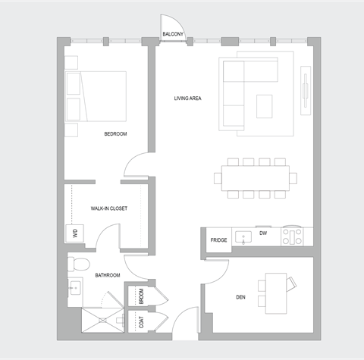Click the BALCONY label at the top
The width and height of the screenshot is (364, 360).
pos(173,34)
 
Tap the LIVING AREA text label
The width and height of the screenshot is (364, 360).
pos(188,99)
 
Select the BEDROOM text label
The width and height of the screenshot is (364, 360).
pos(115,134)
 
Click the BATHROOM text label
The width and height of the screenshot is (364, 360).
pos(107,275)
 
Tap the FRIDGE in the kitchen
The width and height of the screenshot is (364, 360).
pos(219,239)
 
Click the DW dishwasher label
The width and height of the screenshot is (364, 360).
pos(262,234)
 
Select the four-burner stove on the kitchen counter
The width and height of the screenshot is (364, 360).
pos(292,236)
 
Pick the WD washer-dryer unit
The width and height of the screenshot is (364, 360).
pos(75,233)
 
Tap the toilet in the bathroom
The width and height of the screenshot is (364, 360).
pos(76,264)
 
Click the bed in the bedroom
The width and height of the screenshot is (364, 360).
pos(96,96)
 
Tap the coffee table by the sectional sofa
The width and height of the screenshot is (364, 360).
pos(264,105)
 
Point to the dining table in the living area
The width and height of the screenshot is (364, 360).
pos(254,178)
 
